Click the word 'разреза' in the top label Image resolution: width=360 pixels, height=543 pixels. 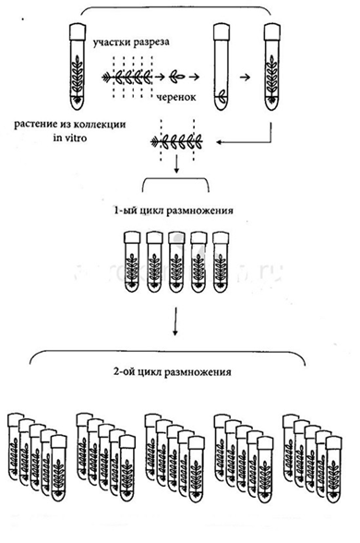(150, 42)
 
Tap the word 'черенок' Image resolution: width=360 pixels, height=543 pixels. (176, 97)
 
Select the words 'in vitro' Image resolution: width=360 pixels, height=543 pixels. (70, 138)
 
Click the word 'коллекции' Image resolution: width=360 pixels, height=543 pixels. (100, 124)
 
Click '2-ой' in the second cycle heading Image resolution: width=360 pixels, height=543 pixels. (125, 372)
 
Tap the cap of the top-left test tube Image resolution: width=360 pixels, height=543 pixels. (78, 31)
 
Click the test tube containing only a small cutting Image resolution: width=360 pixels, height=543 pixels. (222, 66)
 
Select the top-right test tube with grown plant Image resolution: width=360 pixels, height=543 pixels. (271, 66)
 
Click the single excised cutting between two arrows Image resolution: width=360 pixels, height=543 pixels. (177, 78)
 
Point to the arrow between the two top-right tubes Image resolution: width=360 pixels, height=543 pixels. (245, 78)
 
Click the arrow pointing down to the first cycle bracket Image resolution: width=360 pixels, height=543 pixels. (176, 163)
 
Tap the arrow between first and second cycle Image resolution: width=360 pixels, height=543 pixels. (175, 321)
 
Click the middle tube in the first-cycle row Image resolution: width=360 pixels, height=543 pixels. (177, 262)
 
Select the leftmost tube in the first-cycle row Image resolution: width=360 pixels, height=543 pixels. (132, 262)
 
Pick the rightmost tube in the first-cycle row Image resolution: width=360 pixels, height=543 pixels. (221, 262)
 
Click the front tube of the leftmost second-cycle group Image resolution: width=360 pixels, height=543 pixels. (59, 468)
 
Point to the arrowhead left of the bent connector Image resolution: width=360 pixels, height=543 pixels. (219, 142)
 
